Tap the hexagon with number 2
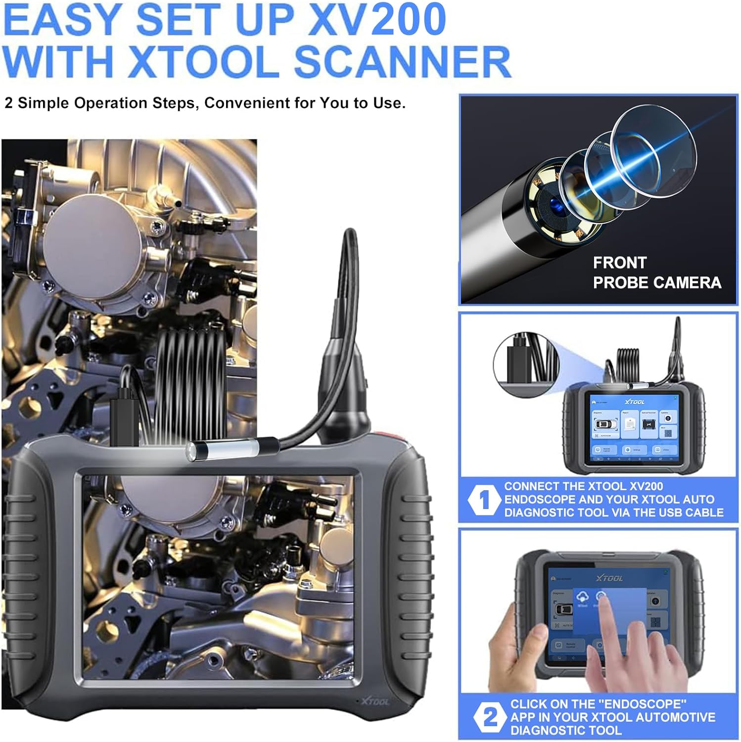tap(489, 717)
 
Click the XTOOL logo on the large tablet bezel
tap(374, 701)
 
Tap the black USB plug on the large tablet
tap(124, 418)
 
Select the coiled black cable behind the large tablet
tap(190, 376)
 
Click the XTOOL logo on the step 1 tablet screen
tap(635, 402)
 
